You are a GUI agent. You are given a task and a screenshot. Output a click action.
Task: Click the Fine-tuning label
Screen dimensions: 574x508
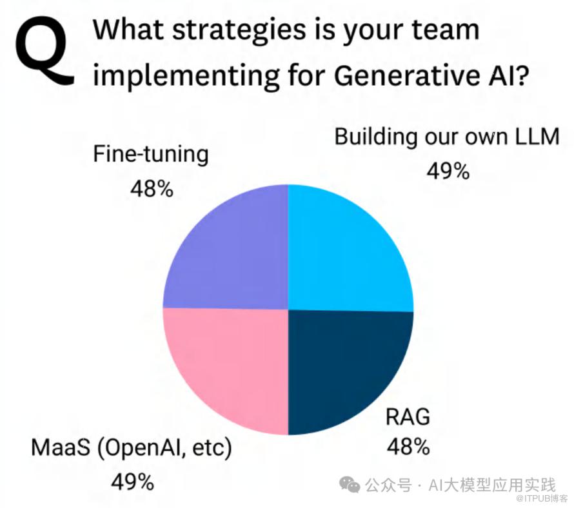[151, 155]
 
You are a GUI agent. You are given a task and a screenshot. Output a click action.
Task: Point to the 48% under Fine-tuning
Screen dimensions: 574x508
[152, 190]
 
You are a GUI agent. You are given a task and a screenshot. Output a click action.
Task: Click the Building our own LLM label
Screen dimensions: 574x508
[447, 137]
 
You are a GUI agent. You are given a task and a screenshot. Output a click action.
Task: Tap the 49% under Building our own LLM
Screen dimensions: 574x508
[448, 171]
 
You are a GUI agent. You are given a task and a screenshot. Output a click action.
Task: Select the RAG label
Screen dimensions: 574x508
[408, 417]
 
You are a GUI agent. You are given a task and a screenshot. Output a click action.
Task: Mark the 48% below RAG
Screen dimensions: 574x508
[408, 447]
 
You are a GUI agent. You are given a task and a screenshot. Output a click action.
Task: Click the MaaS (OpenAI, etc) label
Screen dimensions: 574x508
[132, 448]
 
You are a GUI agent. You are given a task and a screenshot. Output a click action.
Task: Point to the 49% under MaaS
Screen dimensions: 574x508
[132, 482]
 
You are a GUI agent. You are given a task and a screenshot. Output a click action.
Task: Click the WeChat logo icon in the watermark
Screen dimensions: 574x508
[350, 484]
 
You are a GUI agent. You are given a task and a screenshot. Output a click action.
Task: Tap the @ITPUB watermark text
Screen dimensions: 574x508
[542, 498]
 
